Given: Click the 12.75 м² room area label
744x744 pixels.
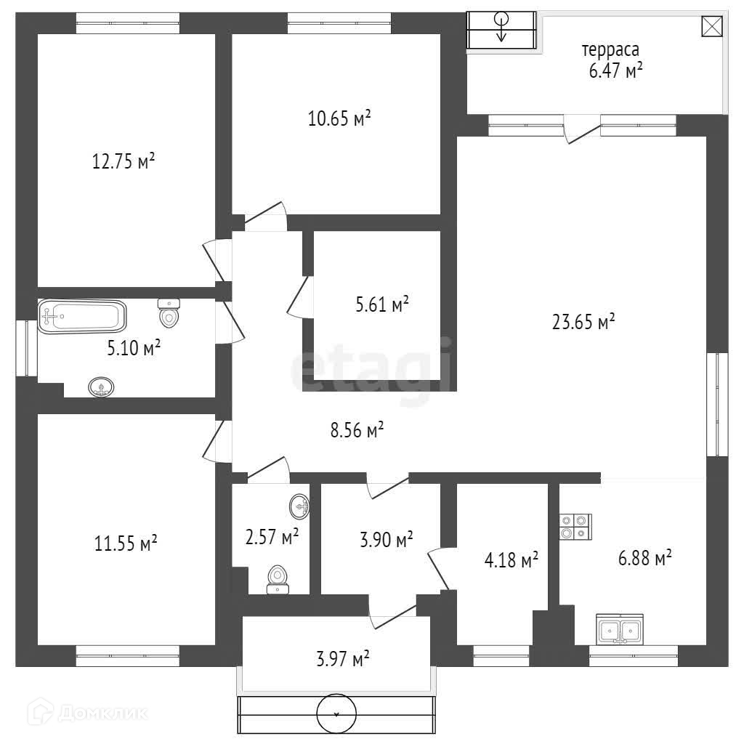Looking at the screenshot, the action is (x=124, y=161).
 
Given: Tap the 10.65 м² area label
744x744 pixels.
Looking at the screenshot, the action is (x=339, y=118).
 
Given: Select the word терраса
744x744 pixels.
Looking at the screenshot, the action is (x=610, y=50).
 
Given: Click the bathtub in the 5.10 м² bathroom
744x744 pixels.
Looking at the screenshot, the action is (x=82, y=317).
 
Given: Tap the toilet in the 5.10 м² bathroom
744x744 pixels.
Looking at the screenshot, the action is (x=169, y=314).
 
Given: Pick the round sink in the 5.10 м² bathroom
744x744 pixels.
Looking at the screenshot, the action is (x=101, y=387).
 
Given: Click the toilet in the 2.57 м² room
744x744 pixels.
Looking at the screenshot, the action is (x=277, y=579).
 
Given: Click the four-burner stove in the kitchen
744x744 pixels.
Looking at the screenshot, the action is (x=575, y=527).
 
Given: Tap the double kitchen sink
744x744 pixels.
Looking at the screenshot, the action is (x=620, y=629).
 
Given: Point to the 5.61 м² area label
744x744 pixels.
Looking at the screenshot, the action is (x=381, y=304).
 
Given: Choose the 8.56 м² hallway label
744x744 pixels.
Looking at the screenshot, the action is (x=357, y=431).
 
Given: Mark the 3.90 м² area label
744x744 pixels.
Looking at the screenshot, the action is (x=387, y=539).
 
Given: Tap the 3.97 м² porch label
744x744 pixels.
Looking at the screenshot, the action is (x=343, y=659).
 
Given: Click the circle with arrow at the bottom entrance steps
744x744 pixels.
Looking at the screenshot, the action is (x=336, y=714).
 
